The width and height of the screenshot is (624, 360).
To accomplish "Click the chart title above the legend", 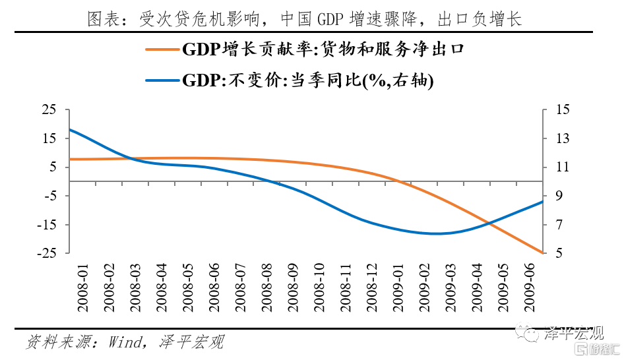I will click(305, 19).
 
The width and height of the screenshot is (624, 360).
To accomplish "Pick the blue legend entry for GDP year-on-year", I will click(289, 80).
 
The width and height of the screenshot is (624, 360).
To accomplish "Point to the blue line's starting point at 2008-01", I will click(69, 129).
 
